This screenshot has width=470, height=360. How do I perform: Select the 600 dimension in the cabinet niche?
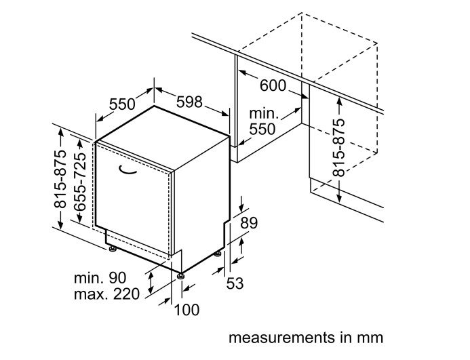point(273,86)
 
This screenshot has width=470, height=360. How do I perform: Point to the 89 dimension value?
point(250,222)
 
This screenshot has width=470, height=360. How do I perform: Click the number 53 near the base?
point(235,283)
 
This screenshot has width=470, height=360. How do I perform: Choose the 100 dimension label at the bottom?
point(187,310)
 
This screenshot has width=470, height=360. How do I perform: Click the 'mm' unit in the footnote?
point(372,337)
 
